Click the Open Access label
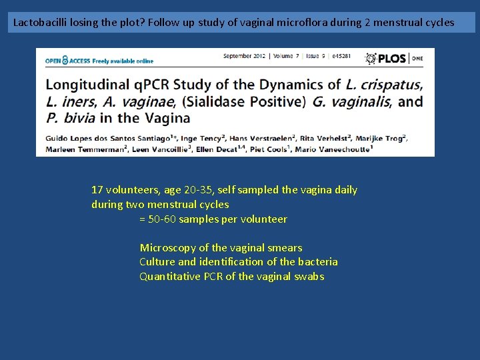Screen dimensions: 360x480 tap(99, 61)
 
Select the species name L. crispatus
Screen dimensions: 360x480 tap(384, 85)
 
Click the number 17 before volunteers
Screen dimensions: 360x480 tap(97, 190)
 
